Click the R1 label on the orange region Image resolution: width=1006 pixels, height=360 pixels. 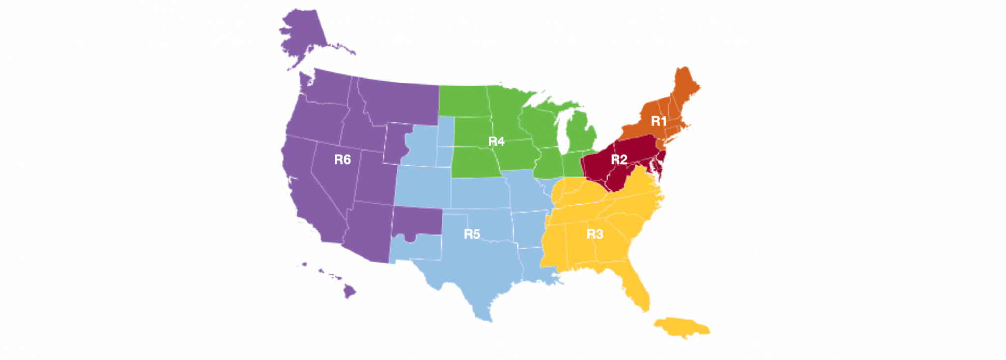[x=658, y=121]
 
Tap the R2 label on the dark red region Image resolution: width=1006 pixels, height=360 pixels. [x=619, y=159]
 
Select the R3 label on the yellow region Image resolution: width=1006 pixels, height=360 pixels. [x=595, y=234]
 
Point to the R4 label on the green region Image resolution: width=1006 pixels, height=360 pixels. [x=496, y=141]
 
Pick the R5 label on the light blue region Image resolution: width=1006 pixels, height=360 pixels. [x=472, y=234]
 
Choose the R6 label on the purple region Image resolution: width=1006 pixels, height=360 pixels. [x=342, y=159]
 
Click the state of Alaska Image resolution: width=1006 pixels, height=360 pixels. [x=305, y=34]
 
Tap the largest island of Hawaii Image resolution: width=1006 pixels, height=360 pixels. [x=349, y=292]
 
